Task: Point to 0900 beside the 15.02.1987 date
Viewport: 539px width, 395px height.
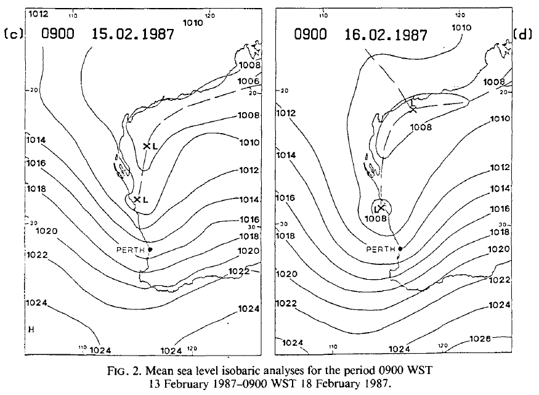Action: pos(58,34)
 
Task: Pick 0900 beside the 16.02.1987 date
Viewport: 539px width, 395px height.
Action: pos(311,35)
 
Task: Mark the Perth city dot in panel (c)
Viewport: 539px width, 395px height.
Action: pos(150,249)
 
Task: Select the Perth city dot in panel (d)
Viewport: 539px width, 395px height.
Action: pos(400,248)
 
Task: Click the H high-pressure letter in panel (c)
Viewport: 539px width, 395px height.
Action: pos(30,329)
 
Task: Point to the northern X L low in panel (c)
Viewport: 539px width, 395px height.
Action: pos(150,146)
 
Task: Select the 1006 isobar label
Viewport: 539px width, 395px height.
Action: pos(249,81)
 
